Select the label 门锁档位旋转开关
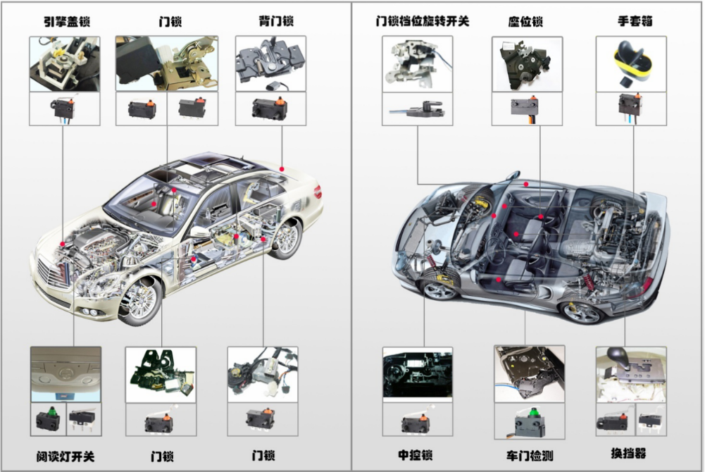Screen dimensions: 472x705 [422, 21]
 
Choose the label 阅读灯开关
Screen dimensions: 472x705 [65, 456]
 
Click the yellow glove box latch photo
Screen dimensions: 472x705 [631, 64]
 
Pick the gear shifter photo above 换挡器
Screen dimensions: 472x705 [630, 373]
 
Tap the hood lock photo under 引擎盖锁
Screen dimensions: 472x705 [64, 63]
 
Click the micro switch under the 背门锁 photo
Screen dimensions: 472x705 [270, 108]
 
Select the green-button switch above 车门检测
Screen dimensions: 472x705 [528, 421]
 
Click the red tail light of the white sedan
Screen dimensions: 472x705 [317, 190]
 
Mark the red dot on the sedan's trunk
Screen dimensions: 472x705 [282, 168]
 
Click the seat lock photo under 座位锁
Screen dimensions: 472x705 [526, 63]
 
